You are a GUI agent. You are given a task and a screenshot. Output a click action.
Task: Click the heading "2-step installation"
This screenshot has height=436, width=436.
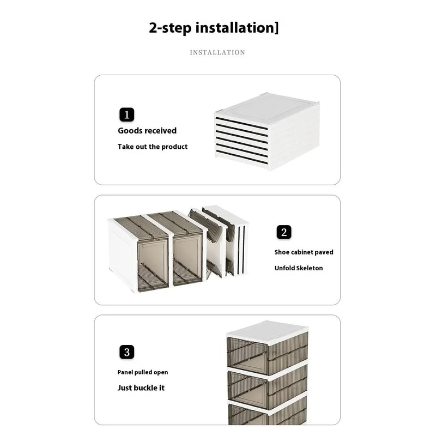click(x=214, y=27)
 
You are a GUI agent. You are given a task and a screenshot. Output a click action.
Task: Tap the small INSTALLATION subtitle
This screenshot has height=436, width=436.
click(x=217, y=52)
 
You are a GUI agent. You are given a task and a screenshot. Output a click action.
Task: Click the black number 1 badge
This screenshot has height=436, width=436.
click(x=126, y=114)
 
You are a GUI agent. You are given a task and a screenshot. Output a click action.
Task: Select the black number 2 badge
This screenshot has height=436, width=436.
click(x=283, y=232)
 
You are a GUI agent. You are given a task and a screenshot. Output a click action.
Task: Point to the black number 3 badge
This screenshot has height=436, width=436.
click(x=126, y=352)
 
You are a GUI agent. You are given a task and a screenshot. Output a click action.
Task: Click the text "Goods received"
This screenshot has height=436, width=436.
click(x=147, y=131)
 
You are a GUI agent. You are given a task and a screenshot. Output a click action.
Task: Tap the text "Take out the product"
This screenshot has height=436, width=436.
click(x=153, y=147)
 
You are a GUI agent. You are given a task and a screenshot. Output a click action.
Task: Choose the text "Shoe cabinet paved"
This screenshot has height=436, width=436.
click(x=304, y=252)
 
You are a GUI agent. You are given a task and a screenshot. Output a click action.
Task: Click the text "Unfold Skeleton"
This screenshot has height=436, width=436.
click(x=298, y=268)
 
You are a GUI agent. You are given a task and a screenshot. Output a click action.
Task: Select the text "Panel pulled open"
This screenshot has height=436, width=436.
click(x=143, y=372)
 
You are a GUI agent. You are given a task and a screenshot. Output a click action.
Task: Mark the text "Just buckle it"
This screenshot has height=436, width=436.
click(x=141, y=388)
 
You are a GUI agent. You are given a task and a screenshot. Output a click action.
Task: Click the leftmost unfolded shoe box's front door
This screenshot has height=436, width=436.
click(x=153, y=264)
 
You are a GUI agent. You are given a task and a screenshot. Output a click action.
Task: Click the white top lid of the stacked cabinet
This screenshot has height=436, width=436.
click(x=267, y=330)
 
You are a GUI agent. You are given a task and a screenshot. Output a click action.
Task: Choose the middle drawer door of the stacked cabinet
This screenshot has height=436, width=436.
click(x=248, y=388)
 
